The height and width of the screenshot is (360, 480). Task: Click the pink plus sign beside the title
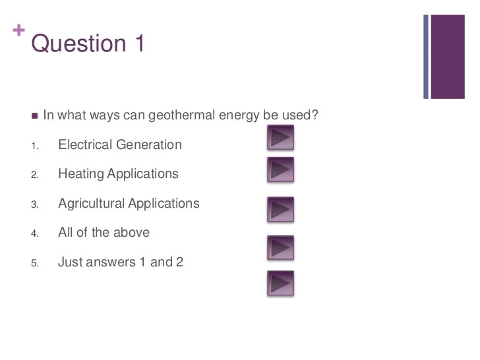pos(18,30)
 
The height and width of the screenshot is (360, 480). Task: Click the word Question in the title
pos(78,44)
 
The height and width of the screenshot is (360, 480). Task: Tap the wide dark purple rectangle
pos(448,57)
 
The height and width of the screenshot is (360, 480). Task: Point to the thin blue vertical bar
pos(426,57)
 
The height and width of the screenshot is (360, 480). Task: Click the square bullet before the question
pos(34,116)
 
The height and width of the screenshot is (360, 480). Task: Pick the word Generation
pos(149,144)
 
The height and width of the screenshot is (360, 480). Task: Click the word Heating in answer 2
pos(81,174)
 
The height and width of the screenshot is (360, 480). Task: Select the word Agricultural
pos(91,204)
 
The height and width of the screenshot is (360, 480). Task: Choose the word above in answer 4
pos(131,232)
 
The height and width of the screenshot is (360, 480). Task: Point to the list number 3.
pos(34,204)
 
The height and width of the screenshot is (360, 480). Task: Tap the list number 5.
pos(34,263)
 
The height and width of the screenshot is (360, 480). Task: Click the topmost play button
pos(280,137)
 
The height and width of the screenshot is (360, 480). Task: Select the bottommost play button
pos(280,283)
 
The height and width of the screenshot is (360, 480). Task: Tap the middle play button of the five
pos(280,210)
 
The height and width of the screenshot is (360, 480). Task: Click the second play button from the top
pos(280,169)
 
